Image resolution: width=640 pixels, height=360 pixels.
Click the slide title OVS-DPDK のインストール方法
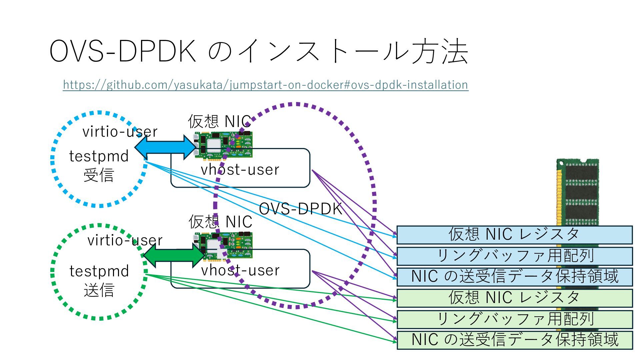pos(259,51)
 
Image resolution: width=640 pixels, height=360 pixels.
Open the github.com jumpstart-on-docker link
pos(265,85)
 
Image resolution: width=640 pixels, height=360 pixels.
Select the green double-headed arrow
pos(173,255)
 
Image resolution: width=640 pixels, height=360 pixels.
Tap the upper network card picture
pos(223,145)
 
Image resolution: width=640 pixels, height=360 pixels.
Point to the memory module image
pos(578,190)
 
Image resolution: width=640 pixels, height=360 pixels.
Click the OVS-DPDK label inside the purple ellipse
pos(300,209)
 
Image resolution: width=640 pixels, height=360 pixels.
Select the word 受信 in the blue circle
pos(99,175)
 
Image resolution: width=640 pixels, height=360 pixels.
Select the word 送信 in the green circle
pos(99,290)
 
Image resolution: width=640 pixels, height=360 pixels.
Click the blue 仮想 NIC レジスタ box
pos(514,235)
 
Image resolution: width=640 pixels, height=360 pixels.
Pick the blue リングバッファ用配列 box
pos(514,256)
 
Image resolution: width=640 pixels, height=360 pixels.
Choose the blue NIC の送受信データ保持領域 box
pos(514,277)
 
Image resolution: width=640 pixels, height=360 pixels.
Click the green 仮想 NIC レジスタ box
pos(514,298)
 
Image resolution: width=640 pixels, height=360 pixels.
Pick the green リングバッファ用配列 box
pos(514,319)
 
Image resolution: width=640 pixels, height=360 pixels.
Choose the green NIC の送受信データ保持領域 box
pos(514,340)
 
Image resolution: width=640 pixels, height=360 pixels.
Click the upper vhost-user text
pos(240,170)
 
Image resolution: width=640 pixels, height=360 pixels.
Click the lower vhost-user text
pos(240,270)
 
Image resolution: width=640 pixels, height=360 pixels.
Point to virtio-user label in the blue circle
pos(120,132)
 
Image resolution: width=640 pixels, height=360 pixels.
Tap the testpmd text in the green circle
pos(99,271)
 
